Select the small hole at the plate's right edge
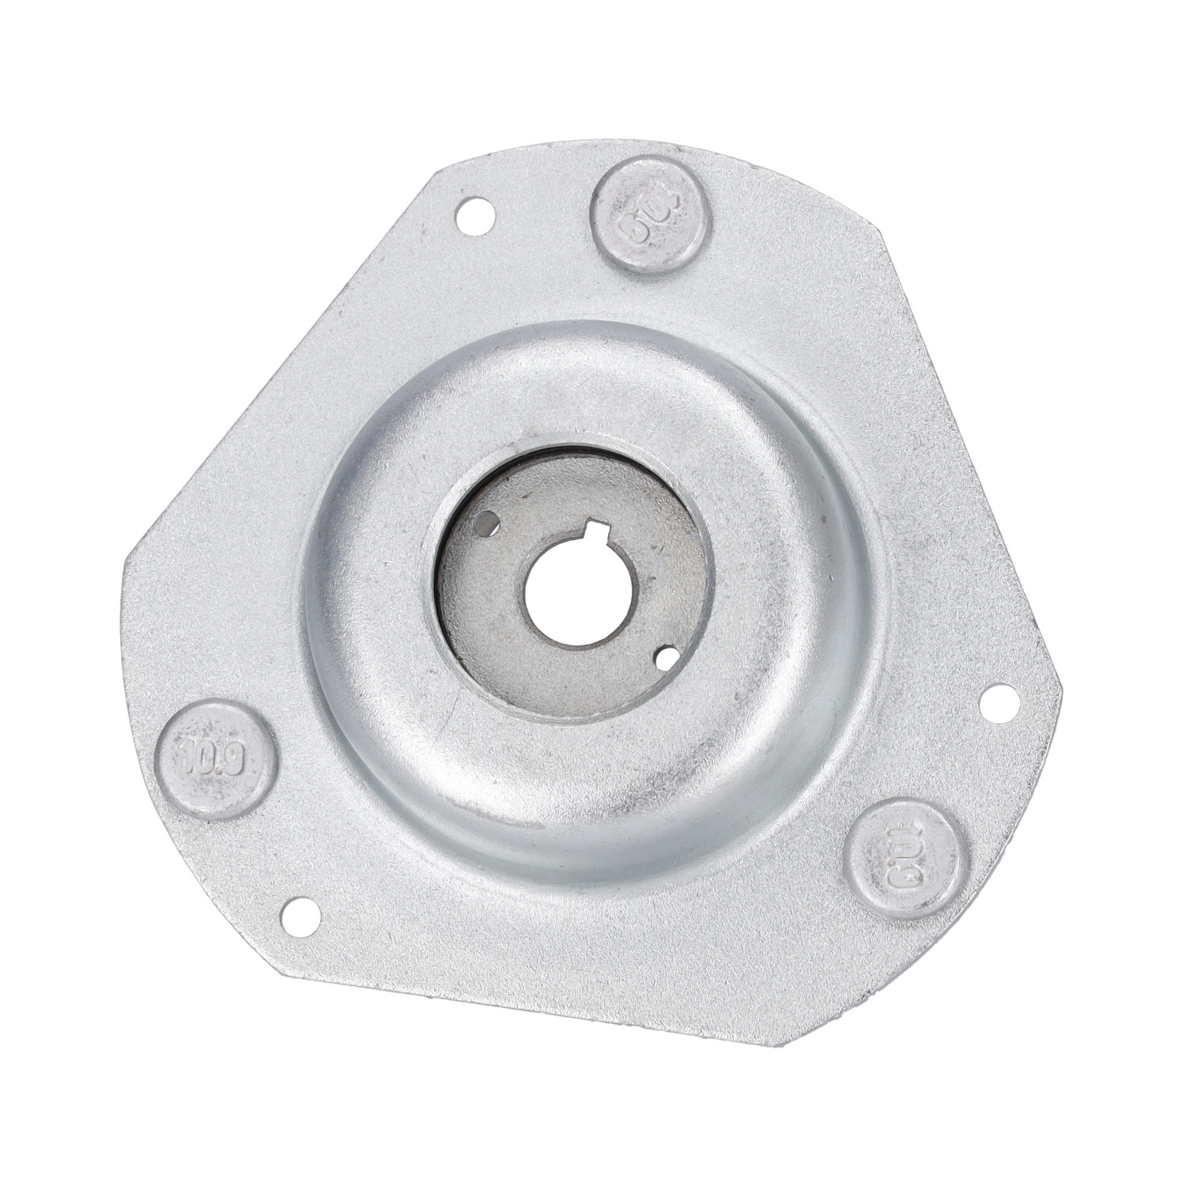point(991,701)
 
